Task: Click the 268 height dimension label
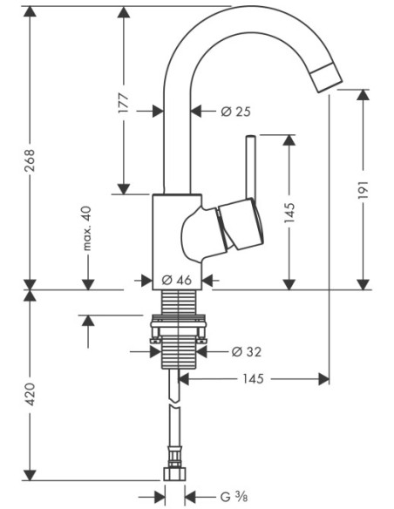(30, 160)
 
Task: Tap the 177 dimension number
(123, 103)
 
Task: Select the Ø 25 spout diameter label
(236, 112)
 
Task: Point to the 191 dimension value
(363, 190)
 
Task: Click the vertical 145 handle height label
(289, 213)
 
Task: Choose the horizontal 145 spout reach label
(253, 378)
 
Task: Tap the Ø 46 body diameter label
(177, 280)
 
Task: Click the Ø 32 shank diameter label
(247, 351)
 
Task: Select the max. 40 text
(87, 228)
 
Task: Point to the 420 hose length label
(30, 394)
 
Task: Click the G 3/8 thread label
(234, 497)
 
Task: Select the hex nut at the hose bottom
(174, 474)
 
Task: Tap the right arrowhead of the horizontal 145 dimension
(323, 379)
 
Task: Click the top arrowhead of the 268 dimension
(30, 11)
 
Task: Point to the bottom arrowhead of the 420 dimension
(30, 475)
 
